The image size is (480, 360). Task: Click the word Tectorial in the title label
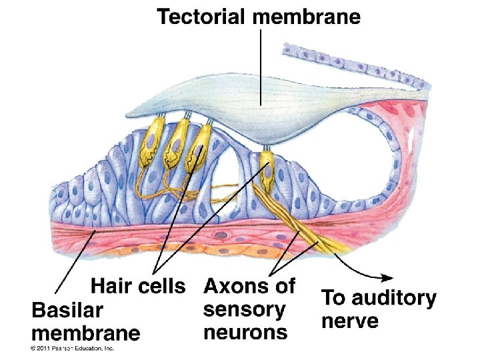coord(203,17)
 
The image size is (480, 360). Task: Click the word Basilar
coord(67,311)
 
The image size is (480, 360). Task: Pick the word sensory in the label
coord(244,309)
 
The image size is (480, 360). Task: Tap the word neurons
coord(245,331)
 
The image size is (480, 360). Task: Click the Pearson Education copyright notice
coord(72,348)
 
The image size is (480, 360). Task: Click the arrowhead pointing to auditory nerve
coord(387,277)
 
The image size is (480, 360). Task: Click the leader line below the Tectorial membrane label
coord(259,67)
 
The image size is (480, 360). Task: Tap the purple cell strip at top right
coord(353,67)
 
